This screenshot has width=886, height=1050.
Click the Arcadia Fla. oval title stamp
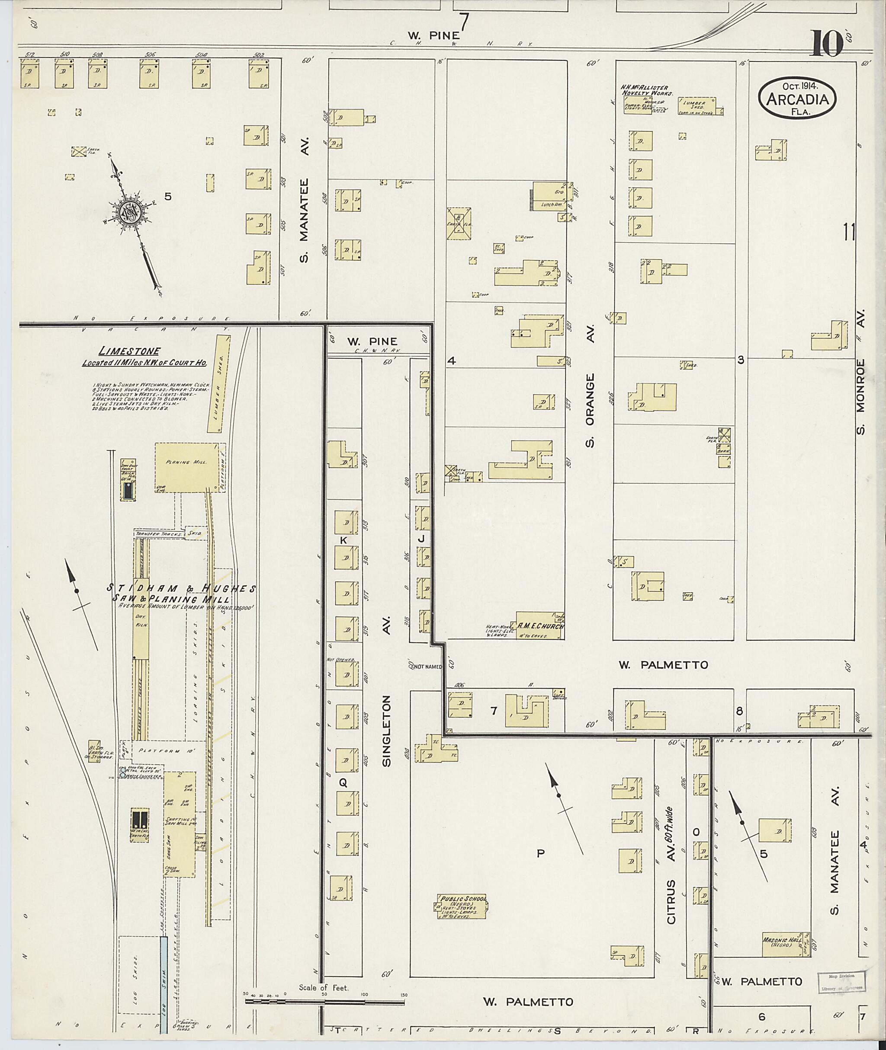(797, 99)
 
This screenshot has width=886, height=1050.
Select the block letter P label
(540, 853)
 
